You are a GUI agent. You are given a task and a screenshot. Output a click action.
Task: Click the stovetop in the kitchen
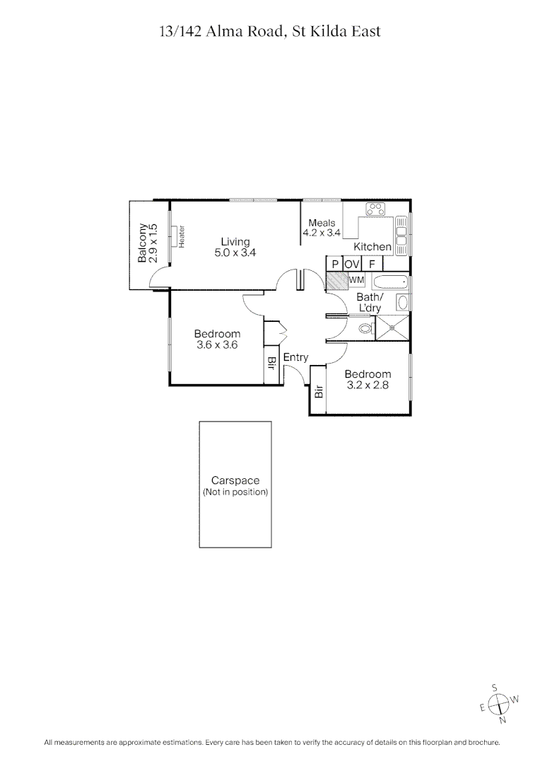[375, 209]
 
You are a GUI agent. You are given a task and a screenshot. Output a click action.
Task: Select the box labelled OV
[352, 264]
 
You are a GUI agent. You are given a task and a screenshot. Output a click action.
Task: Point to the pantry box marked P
[334, 264]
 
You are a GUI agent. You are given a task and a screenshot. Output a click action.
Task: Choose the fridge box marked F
[372, 264]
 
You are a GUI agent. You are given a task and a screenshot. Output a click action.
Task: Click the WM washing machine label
[356, 280]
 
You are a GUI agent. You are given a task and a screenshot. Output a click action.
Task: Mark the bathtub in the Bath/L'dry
[391, 282]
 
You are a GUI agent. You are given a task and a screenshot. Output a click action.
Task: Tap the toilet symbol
[365, 328]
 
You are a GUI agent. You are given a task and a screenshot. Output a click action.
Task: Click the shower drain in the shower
[392, 328]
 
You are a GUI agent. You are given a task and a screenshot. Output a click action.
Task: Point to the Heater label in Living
[182, 236]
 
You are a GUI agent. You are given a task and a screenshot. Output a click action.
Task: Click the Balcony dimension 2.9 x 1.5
[153, 244]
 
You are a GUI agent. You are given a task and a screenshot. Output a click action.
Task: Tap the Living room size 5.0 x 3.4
[235, 252]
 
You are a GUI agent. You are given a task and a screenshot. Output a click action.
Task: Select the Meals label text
[322, 223]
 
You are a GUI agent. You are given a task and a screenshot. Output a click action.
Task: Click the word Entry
[295, 358]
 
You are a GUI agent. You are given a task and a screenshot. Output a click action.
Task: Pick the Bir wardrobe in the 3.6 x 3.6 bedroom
[271, 363]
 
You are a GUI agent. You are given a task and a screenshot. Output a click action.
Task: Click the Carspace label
[235, 481]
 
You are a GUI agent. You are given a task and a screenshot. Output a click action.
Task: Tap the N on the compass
[503, 721]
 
